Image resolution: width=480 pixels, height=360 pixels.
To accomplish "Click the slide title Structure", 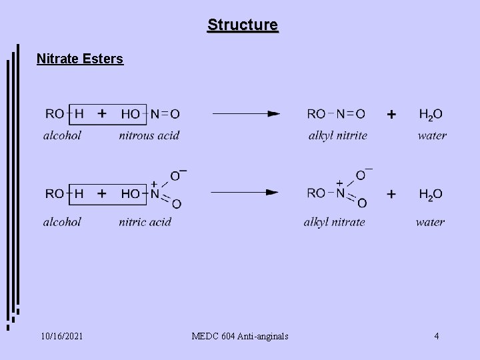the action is [x=243, y=25].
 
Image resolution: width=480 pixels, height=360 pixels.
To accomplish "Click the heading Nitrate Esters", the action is [x=80, y=59].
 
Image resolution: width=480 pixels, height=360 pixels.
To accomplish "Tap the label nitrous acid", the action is [x=149, y=135].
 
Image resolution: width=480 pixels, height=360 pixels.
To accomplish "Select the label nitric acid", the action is [x=145, y=221].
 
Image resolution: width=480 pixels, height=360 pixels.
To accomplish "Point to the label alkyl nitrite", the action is [x=337, y=135].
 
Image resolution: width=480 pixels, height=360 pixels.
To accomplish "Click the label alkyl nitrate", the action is [x=334, y=221].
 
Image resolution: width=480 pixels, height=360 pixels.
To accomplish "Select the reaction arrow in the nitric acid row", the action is [x=244, y=193].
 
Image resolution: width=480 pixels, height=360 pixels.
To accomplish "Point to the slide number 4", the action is [x=436, y=336].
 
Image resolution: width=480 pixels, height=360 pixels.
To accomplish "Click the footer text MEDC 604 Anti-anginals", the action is [x=239, y=336].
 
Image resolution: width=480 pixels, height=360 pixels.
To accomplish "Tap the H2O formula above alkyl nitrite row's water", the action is [x=431, y=115].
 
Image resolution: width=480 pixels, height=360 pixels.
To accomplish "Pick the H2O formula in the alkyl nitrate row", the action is [x=431, y=194].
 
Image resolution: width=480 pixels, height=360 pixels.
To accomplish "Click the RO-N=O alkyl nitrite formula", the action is [x=336, y=114].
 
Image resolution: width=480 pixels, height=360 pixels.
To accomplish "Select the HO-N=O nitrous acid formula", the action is [x=150, y=114].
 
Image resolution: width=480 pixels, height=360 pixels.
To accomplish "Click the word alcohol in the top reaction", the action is [x=62, y=135].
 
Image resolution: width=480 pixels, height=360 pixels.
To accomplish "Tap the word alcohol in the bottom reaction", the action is [x=62, y=221].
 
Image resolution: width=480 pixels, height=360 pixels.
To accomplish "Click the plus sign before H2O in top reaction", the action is [x=391, y=115].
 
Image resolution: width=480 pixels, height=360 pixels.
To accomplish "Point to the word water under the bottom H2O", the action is [x=430, y=221].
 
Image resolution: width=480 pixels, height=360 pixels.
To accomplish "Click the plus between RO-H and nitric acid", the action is [x=102, y=193].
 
